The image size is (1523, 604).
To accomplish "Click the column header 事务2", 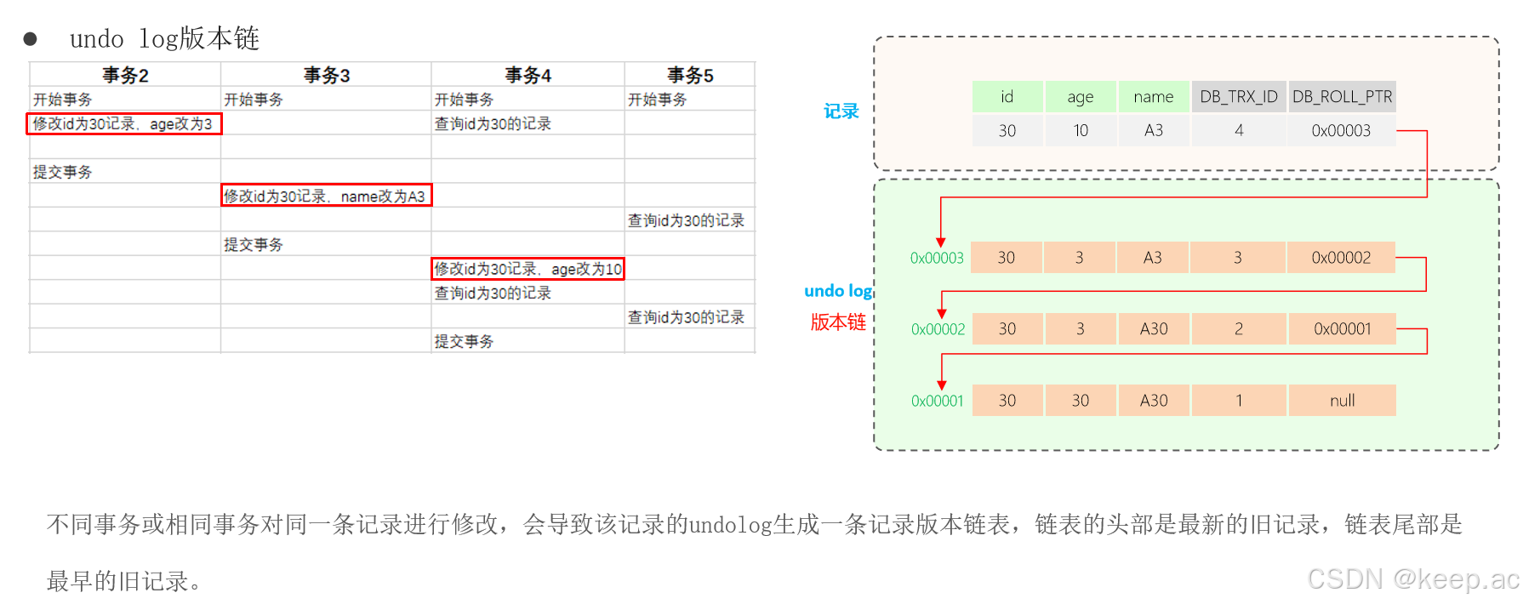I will (x=125, y=75).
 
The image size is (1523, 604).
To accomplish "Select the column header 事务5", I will (x=689, y=75).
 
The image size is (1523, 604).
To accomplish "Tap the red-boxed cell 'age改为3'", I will (x=123, y=124).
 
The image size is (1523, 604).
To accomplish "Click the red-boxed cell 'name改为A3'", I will (x=326, y=196).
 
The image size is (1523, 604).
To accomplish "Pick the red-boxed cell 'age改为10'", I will (x=528, y=269).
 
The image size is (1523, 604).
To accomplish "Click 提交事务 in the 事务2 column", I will (x=63, y=172).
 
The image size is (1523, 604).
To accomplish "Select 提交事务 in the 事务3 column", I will (x=254, y=245).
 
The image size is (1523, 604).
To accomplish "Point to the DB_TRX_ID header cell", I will (x=1238, y=97).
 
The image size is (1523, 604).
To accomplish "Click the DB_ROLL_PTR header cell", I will (x=1342, y=97).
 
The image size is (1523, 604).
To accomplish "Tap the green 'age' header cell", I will (x=1080, y=97).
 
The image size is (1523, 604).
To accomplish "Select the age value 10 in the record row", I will (x=1080, y=131).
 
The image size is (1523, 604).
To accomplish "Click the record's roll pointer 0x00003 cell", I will (x=1341, y=131).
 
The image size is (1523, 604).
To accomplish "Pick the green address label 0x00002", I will (x=938, y=329).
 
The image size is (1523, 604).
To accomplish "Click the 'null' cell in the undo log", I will (x=1342, y=401).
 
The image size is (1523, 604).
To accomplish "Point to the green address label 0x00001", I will (x=937, y=401).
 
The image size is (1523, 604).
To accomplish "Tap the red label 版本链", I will (x=838, y=322).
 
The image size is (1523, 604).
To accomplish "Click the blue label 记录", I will (x=841, y=111).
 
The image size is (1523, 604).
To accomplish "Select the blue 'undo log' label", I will (x=838, y=291).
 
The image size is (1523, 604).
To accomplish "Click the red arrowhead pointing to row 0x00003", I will (x=940, y=242).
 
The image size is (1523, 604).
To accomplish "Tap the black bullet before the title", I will (x=31, y=39).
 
